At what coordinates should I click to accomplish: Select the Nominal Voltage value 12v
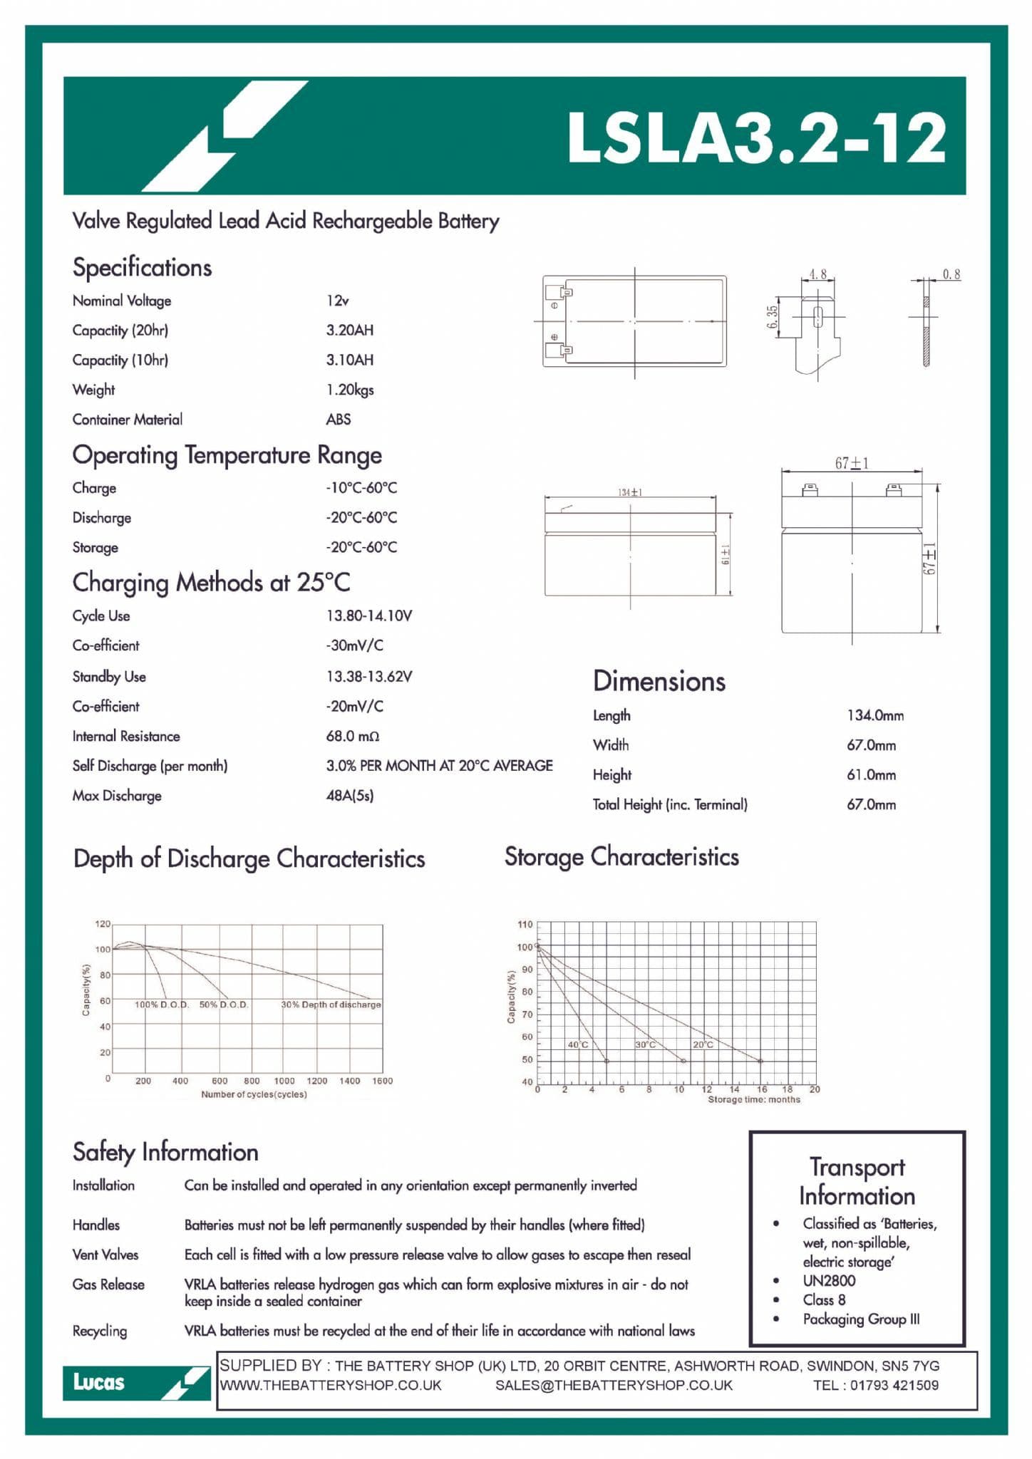338,301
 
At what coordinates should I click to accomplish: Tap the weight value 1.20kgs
350,390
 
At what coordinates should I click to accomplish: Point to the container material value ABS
339,420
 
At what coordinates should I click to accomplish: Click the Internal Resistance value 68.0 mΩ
353,736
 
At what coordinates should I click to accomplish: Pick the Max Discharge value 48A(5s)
350,796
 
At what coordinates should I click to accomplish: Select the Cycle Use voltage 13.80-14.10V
369,616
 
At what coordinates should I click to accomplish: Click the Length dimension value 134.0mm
875,715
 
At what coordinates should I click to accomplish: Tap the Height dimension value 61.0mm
872,775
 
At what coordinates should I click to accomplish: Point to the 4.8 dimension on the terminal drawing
817,274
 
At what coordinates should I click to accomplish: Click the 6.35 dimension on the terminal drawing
772,317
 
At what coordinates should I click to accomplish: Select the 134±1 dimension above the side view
630,492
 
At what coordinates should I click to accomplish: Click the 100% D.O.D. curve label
162,1004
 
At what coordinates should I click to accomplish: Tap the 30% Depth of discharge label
331,1004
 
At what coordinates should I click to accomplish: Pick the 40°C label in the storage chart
578,1044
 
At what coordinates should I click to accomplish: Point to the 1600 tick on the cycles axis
383,1081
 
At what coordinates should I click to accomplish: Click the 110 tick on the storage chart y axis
525,925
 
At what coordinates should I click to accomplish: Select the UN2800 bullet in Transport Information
829,1280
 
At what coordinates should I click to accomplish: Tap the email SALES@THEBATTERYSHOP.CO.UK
614,1385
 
